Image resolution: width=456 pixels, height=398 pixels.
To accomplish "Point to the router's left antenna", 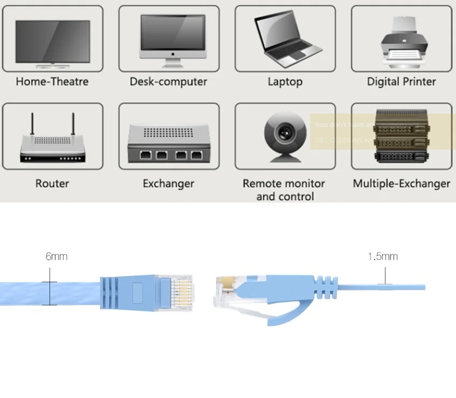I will point(32,124).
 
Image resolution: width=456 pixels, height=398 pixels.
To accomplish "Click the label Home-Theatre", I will point(52,82).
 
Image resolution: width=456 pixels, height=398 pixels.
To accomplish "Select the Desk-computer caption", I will point(169,82).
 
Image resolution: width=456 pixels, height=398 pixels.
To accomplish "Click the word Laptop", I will point(285,82).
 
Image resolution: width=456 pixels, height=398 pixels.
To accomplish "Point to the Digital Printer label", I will point(401,82).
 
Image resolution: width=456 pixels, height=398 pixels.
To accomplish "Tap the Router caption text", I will point(52,184).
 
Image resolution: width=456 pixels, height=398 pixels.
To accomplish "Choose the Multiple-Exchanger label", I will point(401,184).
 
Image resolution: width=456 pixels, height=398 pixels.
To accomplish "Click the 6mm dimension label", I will point(57,256).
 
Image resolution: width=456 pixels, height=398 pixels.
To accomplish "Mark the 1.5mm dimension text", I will point(383,256).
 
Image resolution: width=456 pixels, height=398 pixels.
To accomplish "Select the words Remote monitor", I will point(284,184).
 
